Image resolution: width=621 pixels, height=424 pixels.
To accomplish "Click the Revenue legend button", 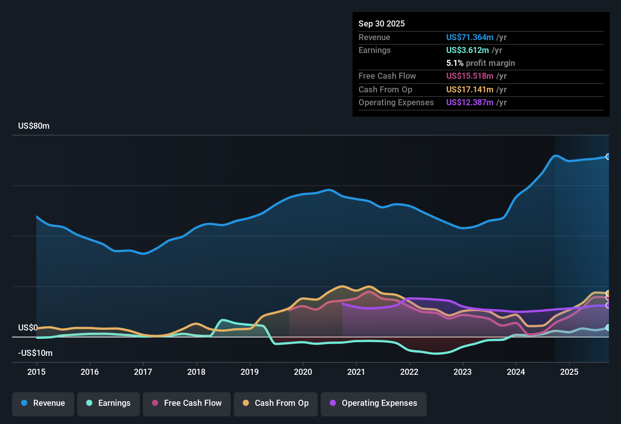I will pyautogui.click(x=43, y=403).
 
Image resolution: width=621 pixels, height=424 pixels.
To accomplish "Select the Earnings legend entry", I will pyautogui.click(x=109, y=403).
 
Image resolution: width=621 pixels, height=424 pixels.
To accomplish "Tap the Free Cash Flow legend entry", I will pyautogui.click(x=187, y=403).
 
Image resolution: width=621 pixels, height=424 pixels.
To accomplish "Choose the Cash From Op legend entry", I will pyautogui.click(x=276, y=403).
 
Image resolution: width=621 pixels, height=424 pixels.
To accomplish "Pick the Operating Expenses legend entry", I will pyautogui.click(x=374, y=403).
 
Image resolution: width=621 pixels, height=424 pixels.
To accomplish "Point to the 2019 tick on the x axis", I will pyautogui.click(x=250, y=372).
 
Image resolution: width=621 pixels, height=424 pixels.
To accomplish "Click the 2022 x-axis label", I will pyautogui.click(x=409, y=372).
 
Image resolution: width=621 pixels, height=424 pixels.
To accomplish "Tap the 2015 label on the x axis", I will pyautogui.click(x=36, y=372).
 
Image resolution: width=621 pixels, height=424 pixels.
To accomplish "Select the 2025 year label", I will pyautogui.click(x=569, y=372).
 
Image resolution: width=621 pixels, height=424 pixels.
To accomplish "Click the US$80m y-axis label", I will pyautogui.click(x=34, y=126).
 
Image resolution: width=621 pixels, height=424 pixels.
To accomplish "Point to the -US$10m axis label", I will pyautogui.click(x=35, y=353).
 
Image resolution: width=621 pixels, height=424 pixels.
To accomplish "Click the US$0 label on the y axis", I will pyautogui.click(x=28, y=327).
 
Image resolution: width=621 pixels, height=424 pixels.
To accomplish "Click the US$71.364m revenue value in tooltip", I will pyautogui.click(x=470, y=37).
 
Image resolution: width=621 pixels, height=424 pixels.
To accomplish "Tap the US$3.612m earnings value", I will pyautogui.click(x=467, y=50).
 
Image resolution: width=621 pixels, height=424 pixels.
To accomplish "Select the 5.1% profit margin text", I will pyautogui.click(x=480, y=63).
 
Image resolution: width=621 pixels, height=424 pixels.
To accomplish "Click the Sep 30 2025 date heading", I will pyautogui.click(x=382, y=24).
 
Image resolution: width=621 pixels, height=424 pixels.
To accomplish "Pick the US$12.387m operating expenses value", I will pyautogui.click(x=470, y=103).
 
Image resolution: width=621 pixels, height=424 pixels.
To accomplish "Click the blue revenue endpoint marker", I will pyautogui.click(x=608, y=157).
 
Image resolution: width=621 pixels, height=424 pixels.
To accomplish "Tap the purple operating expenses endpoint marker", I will pyautogui.click(x=608, y=305).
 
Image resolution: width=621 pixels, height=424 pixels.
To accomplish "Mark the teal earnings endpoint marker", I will pyautogui.click(x=608, y=327).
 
